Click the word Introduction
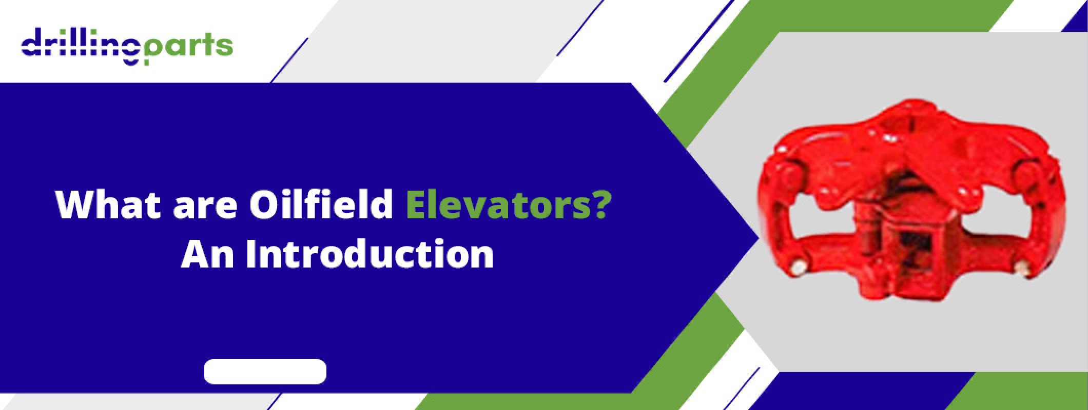click(x=370, y=254)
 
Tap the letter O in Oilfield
click(x=264, y=205)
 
